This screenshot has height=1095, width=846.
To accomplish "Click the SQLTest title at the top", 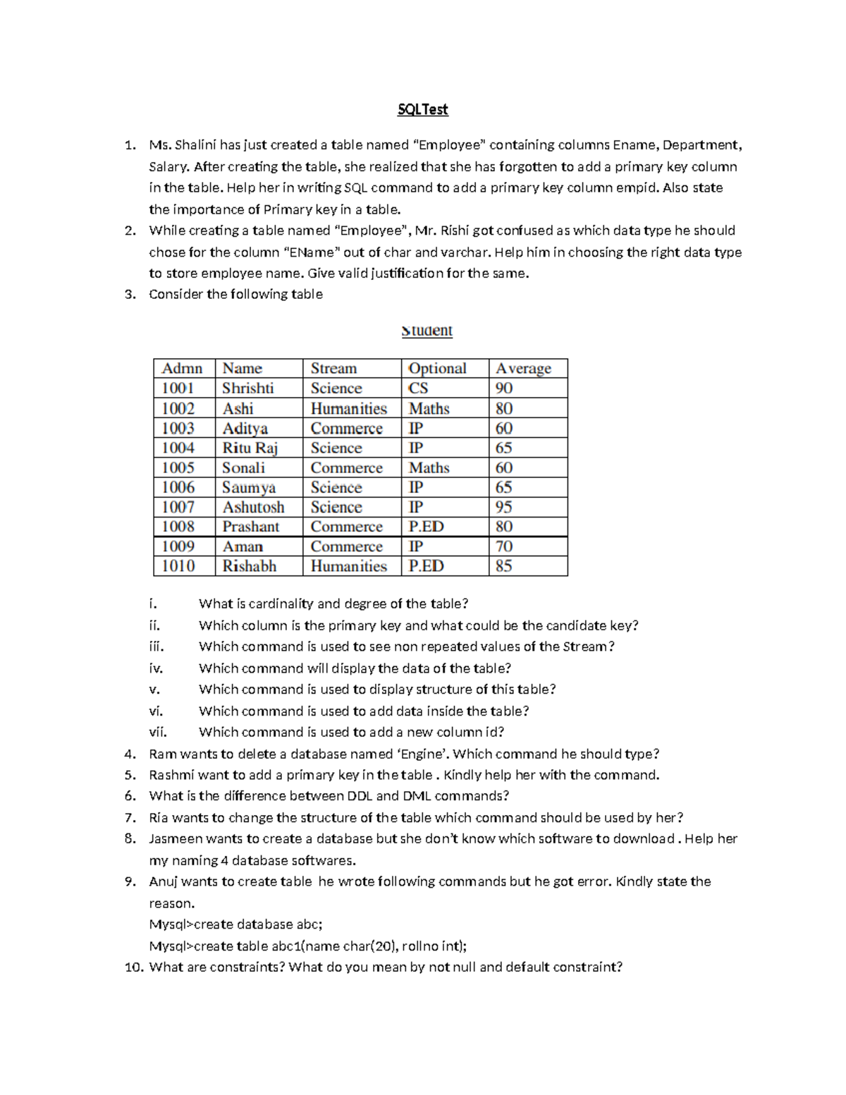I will [x=422, y=109].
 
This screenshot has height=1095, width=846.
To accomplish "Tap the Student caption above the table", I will [x=427, y=331].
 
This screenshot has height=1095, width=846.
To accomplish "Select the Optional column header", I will [x=437, y=368].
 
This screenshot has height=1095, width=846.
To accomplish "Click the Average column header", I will [x=523, y=368].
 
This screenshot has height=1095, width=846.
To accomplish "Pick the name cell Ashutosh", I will [x=253, y=507].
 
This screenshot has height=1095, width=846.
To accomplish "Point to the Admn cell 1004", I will [x=178, y=448].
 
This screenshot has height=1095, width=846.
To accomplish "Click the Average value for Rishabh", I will [x=503, y=566].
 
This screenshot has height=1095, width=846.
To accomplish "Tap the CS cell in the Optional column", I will [x=418, y=389].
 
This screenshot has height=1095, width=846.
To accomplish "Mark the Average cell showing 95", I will [x=503, y=507].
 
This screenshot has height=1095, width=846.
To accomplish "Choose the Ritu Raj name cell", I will [x=250, y=448].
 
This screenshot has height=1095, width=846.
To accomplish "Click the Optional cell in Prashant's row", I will [x=426, y=527].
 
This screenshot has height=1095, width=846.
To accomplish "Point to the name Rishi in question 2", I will [x=454, y=231].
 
